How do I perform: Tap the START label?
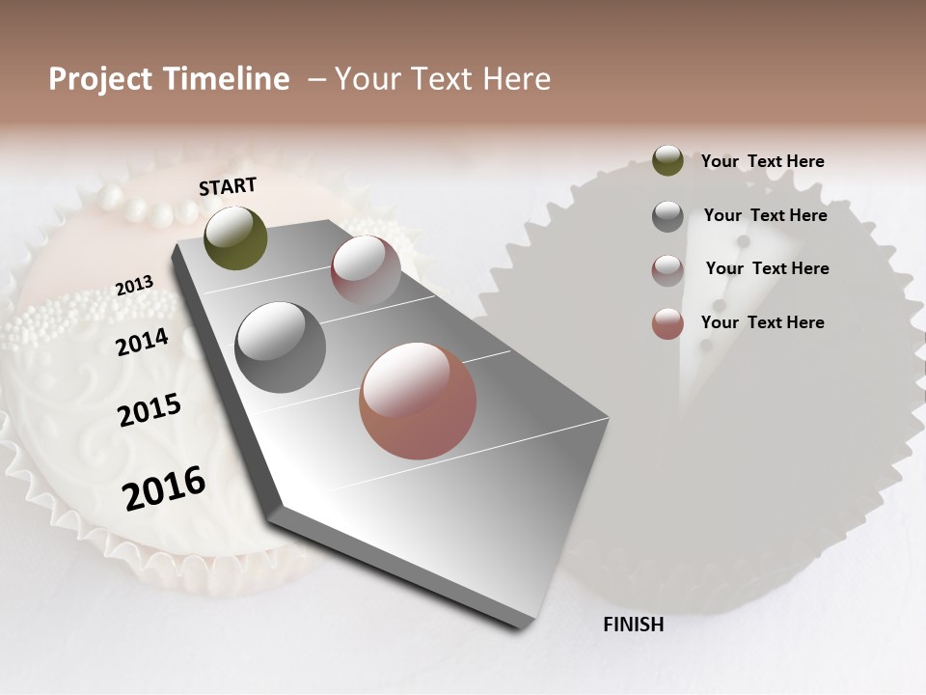point(228,186)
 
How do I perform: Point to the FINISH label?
point(633,625)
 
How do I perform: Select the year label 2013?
point(134,286)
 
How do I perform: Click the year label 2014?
point(142,342)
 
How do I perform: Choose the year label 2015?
point(150,410)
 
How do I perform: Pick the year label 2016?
point(164,488)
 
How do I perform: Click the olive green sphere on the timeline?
point(235,237)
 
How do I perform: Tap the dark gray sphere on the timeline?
point(281,347)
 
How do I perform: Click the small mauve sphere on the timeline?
point(366,270)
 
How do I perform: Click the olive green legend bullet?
point(667,160)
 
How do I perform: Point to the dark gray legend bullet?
point(667,216)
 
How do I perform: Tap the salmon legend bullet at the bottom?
point(667,323)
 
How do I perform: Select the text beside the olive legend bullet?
point(762,161)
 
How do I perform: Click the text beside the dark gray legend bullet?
point(765,215)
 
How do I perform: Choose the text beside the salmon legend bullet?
point(762,322)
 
